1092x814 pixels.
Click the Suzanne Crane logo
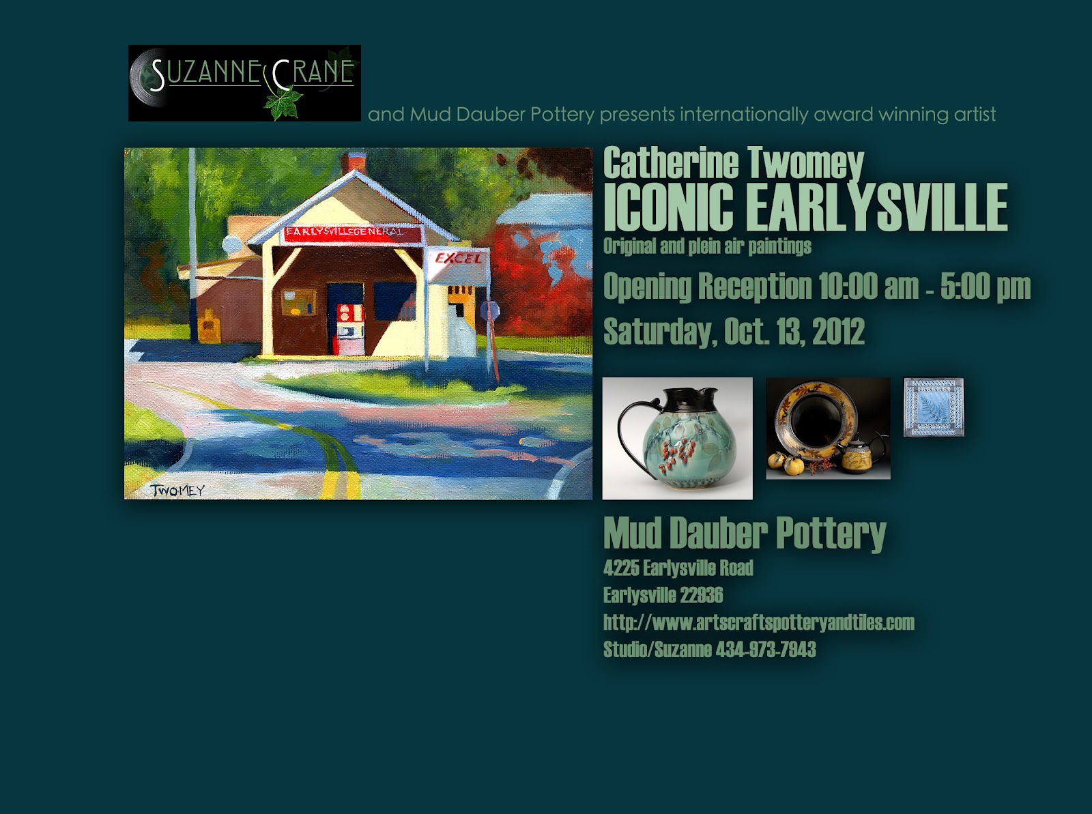244,83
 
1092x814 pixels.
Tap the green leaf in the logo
283,104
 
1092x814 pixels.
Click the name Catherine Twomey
734,162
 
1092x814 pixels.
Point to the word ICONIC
669,207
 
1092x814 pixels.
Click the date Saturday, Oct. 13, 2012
734,332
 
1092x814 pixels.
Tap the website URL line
759,622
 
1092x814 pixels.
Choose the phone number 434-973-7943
766,650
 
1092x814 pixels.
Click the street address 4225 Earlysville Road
678,568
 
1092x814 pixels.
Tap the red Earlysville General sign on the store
352,234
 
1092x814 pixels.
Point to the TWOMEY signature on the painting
177,491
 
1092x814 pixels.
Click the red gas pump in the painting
350,329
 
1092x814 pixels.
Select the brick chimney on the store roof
354,162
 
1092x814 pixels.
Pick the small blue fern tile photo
934,407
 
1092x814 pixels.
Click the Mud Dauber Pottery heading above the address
745,533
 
